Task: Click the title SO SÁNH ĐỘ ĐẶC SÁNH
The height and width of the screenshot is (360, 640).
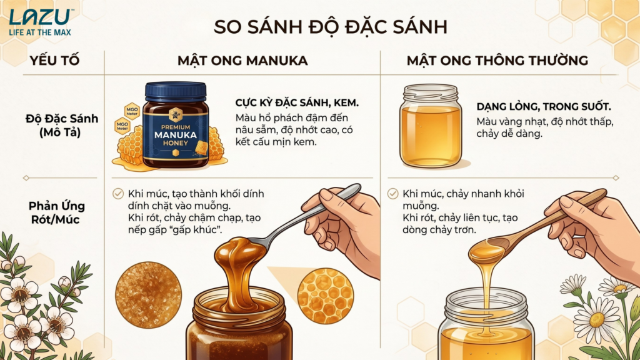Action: point(331,27)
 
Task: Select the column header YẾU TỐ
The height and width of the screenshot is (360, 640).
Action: point(55,61)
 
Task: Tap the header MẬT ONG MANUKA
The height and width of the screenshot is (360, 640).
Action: point(242,61)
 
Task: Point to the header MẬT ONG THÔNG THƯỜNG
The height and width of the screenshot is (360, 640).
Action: point(497,61)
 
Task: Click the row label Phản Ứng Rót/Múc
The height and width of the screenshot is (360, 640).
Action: point(57,212)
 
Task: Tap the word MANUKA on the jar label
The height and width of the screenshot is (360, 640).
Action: point(176,135)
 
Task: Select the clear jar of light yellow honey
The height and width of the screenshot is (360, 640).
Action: point(431,126)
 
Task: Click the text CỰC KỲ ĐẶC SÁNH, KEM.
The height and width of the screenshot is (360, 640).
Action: point(297,103)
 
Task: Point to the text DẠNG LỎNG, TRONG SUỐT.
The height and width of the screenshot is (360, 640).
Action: point(544,107)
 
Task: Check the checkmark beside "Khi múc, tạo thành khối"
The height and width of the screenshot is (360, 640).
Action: point(118,194)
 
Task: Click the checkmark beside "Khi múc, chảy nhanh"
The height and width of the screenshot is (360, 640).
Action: point(392,194)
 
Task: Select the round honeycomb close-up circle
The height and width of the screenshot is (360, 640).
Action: point(325,296)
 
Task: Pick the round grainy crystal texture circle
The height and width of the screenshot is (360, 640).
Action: point(148,295)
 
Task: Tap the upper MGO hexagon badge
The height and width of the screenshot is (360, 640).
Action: point(132,111)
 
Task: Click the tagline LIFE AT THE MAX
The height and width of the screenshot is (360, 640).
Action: point(40,32)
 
